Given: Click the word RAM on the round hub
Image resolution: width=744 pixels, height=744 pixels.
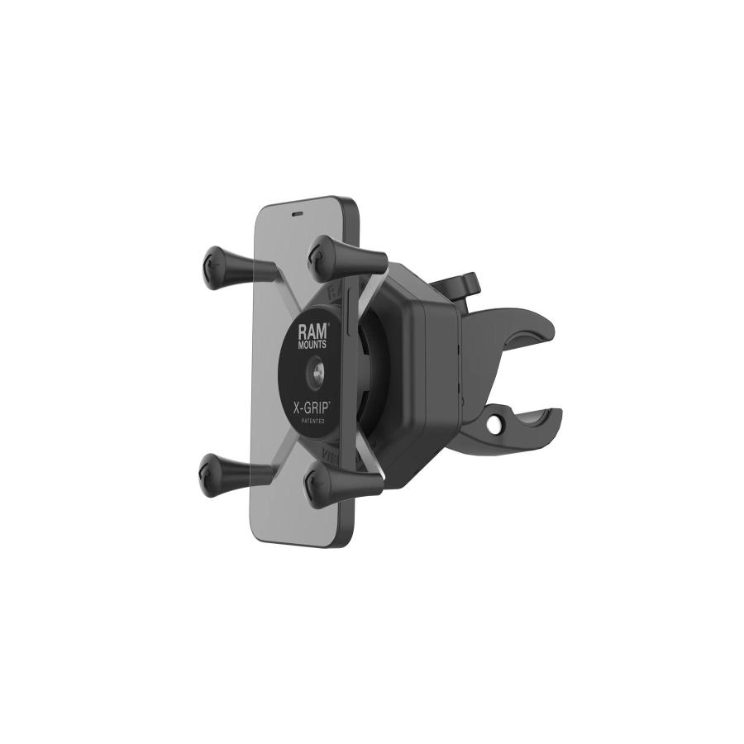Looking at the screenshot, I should coord(313,331).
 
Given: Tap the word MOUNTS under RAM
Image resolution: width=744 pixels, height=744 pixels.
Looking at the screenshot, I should coord(313,344).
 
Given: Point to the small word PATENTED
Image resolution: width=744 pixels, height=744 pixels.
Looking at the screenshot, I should coord(312,422).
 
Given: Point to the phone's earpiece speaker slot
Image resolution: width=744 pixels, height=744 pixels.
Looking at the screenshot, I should coord(298,210).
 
